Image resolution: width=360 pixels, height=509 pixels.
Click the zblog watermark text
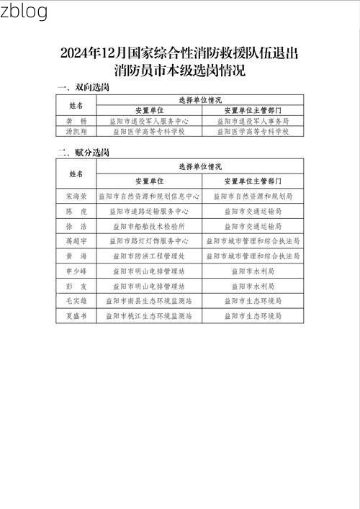[24, 12]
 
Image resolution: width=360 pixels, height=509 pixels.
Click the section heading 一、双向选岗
[83, 87]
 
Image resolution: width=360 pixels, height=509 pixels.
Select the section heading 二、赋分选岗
[83, 153]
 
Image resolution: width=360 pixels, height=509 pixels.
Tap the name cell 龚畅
[76, 122]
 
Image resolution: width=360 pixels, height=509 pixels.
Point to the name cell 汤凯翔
[76, 132]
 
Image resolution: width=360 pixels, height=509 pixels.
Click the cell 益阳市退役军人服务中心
[149, 122]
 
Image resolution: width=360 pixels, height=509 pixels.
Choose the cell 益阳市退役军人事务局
[253, 122]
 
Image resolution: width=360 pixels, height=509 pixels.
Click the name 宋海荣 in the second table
[76, 196]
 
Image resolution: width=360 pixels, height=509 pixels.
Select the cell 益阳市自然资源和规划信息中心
[149, 196]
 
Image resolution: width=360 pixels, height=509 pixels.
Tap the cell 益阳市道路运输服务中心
[149, 212]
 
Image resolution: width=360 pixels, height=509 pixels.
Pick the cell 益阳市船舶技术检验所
[149, 227]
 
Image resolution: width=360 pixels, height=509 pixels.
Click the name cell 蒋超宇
[76, 241]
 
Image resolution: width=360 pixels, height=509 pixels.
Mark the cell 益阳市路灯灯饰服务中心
[149, 241]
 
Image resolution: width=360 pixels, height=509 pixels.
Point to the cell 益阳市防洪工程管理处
[149, 256]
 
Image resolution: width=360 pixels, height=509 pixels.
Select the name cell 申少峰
[76, 271]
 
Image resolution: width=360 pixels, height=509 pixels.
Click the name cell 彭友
[76, 286]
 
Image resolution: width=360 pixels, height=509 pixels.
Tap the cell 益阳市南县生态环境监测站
[149, 301]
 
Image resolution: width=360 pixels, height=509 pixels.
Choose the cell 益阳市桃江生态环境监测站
[149, 316]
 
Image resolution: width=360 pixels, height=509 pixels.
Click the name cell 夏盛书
[76, 316]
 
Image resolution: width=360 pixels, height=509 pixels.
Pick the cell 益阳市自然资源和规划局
[253, 196]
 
